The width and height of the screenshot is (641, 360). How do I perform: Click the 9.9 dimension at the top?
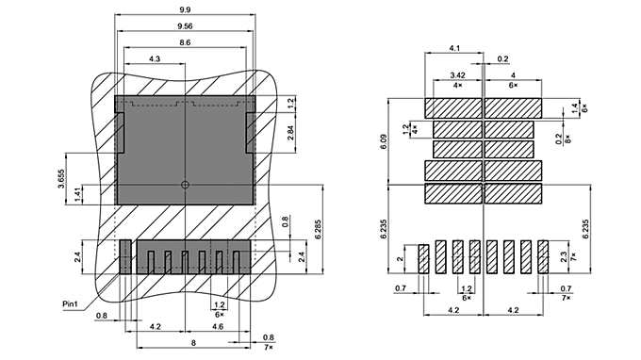click(x=185, y=8)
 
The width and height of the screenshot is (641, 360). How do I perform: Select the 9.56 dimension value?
click(x=185, y=25)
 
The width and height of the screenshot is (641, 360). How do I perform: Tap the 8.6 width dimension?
click(x=185, y=43)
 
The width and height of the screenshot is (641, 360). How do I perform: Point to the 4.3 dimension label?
click(x=155, y=60)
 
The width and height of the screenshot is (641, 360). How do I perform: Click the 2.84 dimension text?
click(x=289, y=133)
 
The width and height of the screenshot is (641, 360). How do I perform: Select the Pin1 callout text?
click(x=70, y=303)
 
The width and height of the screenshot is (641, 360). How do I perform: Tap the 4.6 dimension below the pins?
click(x=218, y=326)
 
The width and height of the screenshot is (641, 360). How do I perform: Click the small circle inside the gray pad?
click(x=185, y=184)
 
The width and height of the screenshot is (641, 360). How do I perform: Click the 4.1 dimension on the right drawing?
click(x=454, y=47)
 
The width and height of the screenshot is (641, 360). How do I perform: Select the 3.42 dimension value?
click(x=458, y=74)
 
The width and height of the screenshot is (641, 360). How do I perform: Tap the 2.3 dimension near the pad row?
click(x=565, y=256)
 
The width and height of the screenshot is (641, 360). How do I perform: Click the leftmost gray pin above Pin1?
click(x=124, y=256)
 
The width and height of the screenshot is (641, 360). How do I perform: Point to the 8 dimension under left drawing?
click(x=194, y=344)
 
